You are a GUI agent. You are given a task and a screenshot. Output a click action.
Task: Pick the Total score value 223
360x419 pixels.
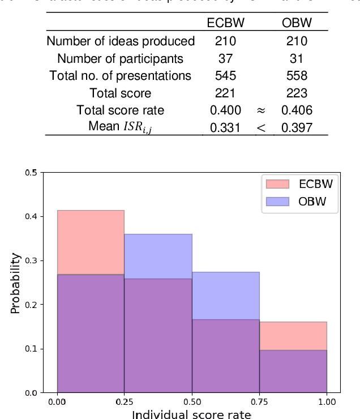[297, 93]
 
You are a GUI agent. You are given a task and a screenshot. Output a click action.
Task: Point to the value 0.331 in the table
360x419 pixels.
[225, 128]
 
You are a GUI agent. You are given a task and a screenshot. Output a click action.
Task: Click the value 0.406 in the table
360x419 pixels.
[297, 110]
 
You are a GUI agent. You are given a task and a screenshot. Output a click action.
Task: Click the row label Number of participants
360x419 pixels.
[120, 58]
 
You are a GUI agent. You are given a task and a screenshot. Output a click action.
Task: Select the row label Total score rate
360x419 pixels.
[120, 110]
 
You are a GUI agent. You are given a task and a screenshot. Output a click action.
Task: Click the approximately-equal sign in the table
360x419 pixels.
[261, 110]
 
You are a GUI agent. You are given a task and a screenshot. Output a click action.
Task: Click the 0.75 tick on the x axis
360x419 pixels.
[259, 401]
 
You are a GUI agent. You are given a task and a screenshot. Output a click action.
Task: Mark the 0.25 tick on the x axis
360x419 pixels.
[125, 401]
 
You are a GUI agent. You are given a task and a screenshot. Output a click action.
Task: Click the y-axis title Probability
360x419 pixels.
[16, 283]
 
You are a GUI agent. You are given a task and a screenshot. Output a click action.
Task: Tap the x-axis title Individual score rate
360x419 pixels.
[191, 414]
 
